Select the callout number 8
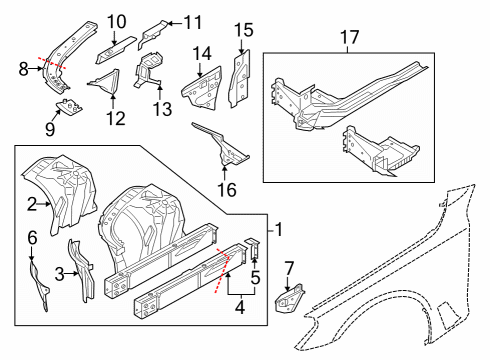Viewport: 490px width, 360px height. pyautogui.click(x=23, y=69)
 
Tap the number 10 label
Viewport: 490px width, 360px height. pyautogui.click(x=117, y=20)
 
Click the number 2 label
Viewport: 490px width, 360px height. pyautogui.click(x=31, y=205)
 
